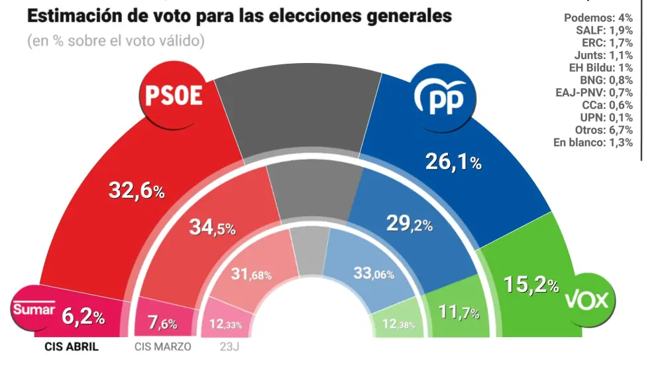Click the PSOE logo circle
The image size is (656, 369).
coord(173,98)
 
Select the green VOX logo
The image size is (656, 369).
coord(586,299)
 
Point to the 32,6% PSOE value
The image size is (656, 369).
coord(136,191)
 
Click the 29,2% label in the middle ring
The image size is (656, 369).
coord(409,224)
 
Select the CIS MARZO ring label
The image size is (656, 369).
coord(163,347)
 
